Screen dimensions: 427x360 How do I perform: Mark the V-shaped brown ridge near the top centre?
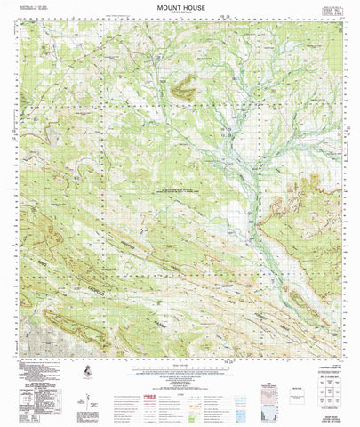pyautogui.click(x=186, y=86)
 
